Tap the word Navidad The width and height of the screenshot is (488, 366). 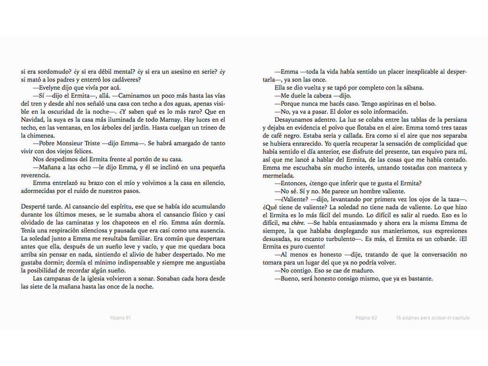[x=32, y=120]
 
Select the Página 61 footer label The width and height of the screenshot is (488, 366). [x=120, y=318]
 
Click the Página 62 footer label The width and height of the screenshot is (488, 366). [x=366, y=318]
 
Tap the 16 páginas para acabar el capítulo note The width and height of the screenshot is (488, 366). [x=432, y=318]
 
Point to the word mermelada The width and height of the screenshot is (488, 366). [x=278, y=176]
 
